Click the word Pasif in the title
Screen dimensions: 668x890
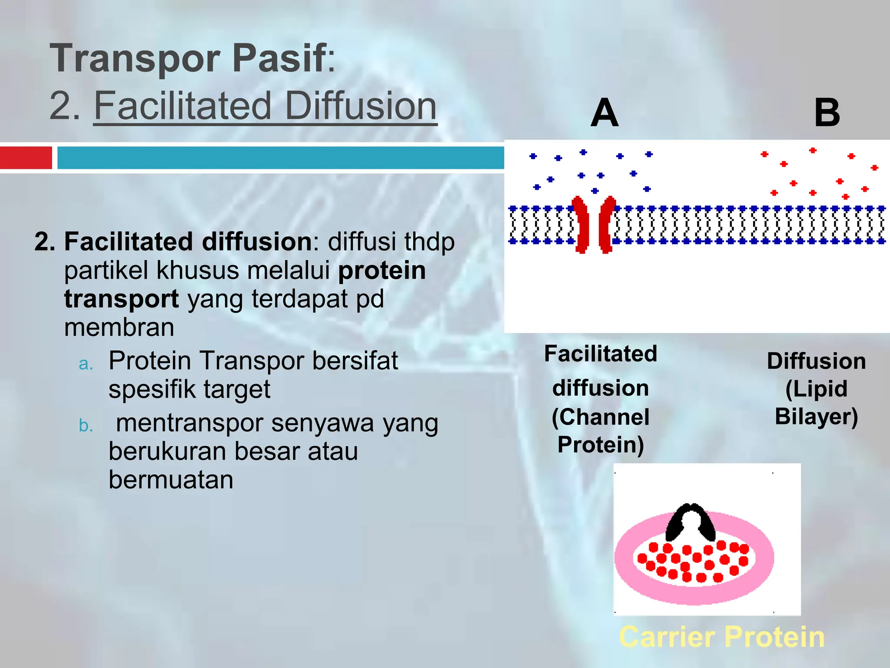pos(279,59)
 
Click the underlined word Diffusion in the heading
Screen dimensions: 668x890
pos(360,106)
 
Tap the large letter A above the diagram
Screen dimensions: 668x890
pos(604,113)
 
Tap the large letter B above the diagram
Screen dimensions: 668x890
pos(827,113)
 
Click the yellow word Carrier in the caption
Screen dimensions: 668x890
pos(667,637)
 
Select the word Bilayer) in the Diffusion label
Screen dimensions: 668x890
pos(816,417)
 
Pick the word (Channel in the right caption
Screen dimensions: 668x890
pos(601,417)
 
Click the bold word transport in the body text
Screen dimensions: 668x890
pos(121,299)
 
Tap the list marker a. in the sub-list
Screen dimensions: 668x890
pos(86,364)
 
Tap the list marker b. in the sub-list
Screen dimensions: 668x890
pos(86,425)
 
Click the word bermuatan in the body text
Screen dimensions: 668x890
pos(171,480)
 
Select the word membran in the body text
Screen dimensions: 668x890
pos(119,327)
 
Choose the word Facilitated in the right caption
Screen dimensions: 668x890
pos(601,354)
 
